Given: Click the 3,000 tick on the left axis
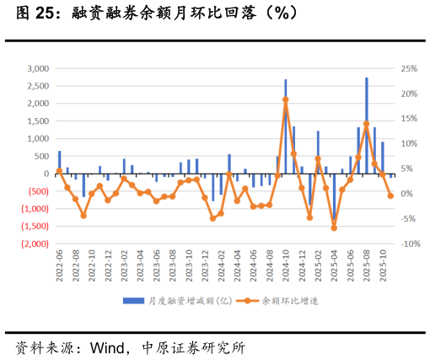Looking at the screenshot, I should click(37, 68).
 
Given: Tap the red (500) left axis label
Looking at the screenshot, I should click(35, 191).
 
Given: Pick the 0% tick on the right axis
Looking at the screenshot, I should click(406, 194).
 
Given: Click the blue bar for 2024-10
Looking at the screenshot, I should click(286, 126).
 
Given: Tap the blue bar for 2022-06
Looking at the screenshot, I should click(59, 163).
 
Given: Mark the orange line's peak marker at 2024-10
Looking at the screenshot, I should click(286, 99).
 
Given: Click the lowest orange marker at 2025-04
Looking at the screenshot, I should click(334, 228).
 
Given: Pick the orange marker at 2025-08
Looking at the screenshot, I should click(367, 124).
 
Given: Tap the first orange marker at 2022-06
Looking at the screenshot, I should click(59, 171).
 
